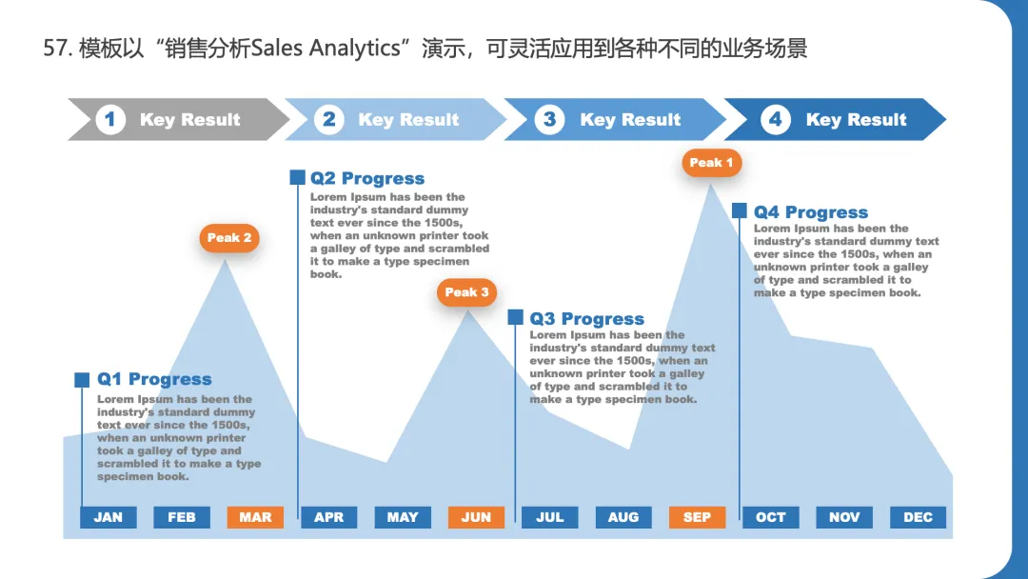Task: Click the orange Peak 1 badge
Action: coord(711,163)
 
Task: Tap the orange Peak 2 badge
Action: coord(229,238)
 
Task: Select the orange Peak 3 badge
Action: coord(466,292)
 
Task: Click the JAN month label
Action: coord(109,517)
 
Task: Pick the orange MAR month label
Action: coord(255,517)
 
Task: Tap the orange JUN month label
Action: coord(476,517)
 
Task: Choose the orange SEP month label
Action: coord(697,517)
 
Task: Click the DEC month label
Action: coord(918,517)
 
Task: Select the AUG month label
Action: coord(623,517)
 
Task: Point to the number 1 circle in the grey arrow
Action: coord(110,120)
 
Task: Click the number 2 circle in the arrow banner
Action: coord(328,120)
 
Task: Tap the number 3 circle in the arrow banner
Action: coord(549,120)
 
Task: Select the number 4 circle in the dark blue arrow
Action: coord(775,120)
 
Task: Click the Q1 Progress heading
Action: coord(154,380)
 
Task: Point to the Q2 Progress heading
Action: coord(367,178)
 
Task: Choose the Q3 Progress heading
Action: coord(586,319)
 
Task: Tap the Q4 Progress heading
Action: coord(811,212)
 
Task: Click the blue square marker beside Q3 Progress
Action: coord(515,318)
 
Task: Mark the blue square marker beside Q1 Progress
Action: coord(82,380)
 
